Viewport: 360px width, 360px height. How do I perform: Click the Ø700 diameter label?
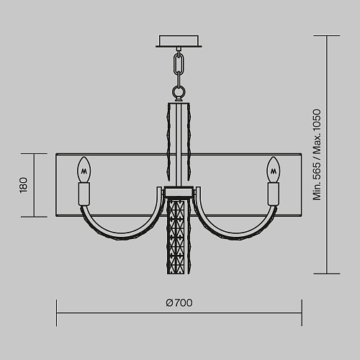pos(179,303)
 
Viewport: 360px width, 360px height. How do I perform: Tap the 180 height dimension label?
pos(24,185)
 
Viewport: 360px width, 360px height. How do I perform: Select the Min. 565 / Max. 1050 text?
pos(317,155)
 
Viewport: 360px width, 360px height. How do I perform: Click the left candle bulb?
pos(84,170)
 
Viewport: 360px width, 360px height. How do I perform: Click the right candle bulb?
pos(274,170)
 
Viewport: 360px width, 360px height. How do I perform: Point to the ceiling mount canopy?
pos(179,41)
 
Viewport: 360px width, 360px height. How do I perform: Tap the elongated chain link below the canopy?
pos(179,64)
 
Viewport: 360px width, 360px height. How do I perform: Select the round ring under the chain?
pos(179,91)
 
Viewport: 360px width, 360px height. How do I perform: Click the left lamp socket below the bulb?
pos(84,194)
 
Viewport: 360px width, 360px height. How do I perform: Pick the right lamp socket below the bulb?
pos(274,194)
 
